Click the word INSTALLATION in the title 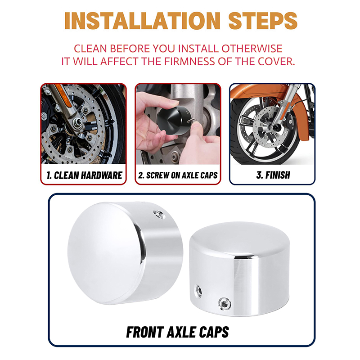(142, 21)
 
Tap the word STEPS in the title (263, 21)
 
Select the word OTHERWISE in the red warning (252, 49)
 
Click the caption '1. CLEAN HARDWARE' (84, 175)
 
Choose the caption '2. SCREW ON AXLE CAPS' (178, 175)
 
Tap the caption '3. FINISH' (273, 175)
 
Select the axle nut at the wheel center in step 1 (77, 123)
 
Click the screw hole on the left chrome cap (159, 215)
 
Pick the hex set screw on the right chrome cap (225, 304)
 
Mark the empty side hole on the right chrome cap (198, 291)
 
